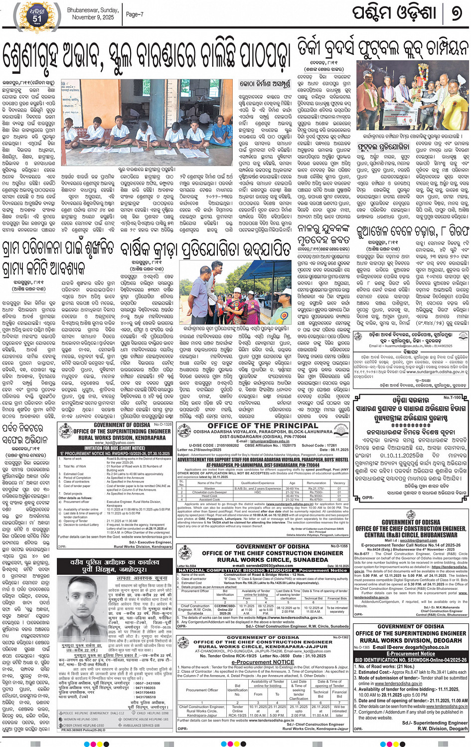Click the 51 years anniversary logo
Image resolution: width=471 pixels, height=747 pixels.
click(37, 15)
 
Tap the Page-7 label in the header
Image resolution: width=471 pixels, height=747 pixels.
click(135, 14)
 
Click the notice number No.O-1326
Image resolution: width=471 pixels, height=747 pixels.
click(162, 425)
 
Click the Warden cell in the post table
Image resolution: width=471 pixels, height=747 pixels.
click(210, 488)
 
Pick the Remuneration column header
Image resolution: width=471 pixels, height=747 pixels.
click(316, 483)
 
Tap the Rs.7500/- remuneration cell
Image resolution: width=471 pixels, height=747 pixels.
click(316, 492)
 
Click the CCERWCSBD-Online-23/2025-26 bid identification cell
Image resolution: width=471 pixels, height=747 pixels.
click(225, 609)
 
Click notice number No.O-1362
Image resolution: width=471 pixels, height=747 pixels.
click(340, 637)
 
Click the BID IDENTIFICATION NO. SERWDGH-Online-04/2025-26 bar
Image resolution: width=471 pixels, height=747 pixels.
click(411, 659)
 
